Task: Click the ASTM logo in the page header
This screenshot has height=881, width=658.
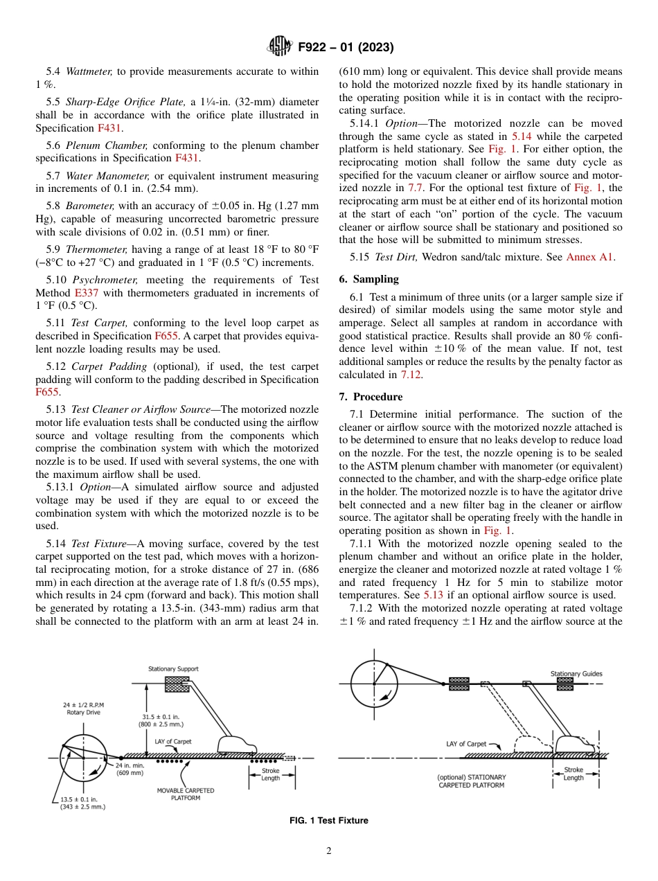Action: click(x=279, y=47)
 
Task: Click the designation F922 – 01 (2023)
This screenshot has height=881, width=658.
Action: click(x=346, y=48)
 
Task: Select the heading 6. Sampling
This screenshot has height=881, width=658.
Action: click(x=368, y=279)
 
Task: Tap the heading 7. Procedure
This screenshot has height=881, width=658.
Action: click(x=371, y=397)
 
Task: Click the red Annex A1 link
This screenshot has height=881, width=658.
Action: click(x=590, y=257)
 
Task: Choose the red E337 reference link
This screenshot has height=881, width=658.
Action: click(x=87, y=293)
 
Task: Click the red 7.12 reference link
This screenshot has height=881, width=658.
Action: click(x=410, y=375)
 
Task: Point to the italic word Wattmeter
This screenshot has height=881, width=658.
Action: click(x=89, y=71)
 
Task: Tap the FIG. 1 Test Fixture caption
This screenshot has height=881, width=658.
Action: click(x=328, y=821)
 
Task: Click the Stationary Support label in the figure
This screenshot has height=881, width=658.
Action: click(x=173, y=669)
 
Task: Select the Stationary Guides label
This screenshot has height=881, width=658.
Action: click(x=576, y=673)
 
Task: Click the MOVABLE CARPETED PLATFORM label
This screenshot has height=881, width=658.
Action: click(x=186, y=794)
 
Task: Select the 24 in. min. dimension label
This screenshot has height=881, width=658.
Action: click(x=130, y=769)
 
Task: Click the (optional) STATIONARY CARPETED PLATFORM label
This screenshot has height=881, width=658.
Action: click(x=471, y=781)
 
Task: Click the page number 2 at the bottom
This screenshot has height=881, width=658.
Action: click(x=328, y=851)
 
